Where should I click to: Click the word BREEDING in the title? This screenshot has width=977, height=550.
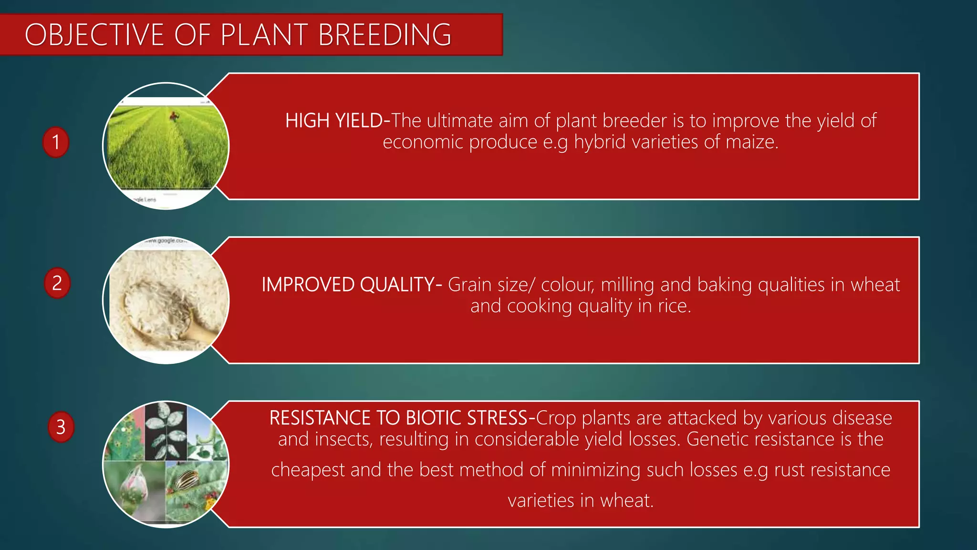(x=384, y=35)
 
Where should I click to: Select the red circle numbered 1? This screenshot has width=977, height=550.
(x=56, y=142)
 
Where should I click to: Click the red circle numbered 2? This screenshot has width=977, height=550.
(x=57, y=283)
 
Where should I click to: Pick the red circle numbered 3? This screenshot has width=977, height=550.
(x=61, y=426)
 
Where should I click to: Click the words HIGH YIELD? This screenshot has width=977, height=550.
(x=333, y=121)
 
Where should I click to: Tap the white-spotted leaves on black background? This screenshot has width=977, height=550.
(x=165, y=430)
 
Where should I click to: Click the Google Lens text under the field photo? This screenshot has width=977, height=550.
(x=145, y=200)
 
